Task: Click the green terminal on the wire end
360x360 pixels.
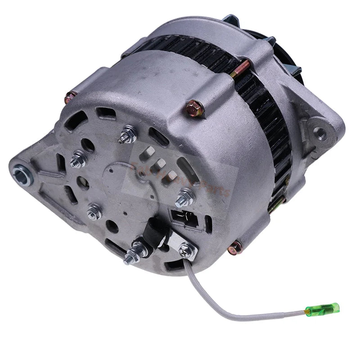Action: click(x=322, y=309)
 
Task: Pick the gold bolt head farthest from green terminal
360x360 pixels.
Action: click(x=71, y=96)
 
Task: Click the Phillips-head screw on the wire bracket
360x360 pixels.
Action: click(x=185, y=247)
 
